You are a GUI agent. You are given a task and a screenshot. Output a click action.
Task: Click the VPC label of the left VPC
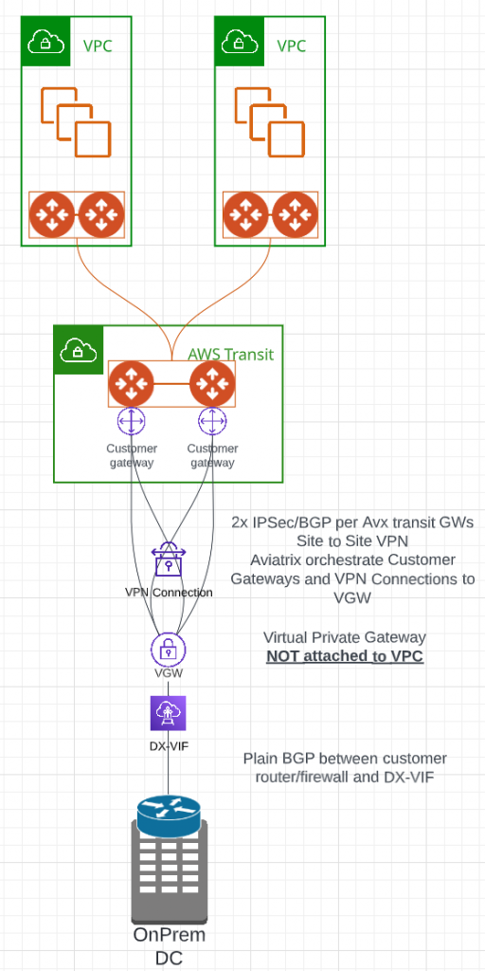tap(98, 46)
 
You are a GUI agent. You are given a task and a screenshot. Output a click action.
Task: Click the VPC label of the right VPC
tap(292, 46)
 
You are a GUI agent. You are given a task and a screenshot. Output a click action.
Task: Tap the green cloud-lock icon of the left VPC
tap(45, 42)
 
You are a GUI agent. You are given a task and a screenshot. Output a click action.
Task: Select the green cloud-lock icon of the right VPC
tap(240, 42)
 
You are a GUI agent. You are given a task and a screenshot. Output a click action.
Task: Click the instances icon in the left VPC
tap(76, 122)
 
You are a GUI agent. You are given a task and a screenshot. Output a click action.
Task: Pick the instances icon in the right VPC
tap(270, 122)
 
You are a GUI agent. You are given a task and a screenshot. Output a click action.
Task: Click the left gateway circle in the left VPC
tap(53, 215)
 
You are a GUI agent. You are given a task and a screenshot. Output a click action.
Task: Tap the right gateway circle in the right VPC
tap(296, 215)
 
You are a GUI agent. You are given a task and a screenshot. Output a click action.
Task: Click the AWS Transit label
tap(231, 355)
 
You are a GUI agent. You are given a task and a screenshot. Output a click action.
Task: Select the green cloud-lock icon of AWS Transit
tap(79, 350)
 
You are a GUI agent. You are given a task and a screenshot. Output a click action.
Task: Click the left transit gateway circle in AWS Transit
tap(131, 384)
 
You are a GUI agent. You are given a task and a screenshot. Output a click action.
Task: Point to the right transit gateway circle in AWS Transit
tap(212, 384)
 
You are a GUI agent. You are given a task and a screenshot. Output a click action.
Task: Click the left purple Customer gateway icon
tap(131, 422)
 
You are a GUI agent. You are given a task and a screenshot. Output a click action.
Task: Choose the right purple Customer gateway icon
tap(212, 422)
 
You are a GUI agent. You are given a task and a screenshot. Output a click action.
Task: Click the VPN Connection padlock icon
tap(169, 559)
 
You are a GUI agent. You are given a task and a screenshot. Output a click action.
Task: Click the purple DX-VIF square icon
tap(169, 713)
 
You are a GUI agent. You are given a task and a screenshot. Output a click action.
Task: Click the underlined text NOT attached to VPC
tap(345, 656)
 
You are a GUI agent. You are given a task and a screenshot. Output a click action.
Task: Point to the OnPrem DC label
tap(169, 945)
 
